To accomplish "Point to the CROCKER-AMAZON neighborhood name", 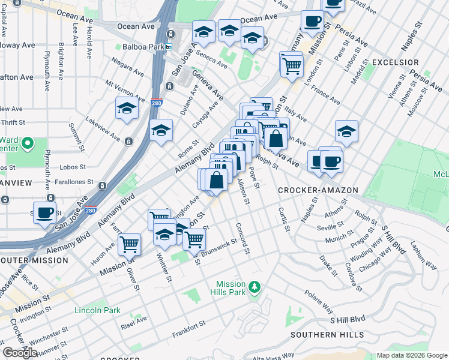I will (x=318, y=190).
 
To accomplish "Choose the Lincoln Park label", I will (x=97, y=310).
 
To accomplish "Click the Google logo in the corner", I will (x=20, y=353).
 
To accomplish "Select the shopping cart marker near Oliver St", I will (x=129, y=244).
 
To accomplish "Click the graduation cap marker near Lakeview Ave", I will (x=127, y=109).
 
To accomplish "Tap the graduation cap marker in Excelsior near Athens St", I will (x=346, y=130).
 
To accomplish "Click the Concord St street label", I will (x=242, y=238).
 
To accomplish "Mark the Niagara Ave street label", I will (x=127, y=67).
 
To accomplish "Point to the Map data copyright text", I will (x=411, y=355).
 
